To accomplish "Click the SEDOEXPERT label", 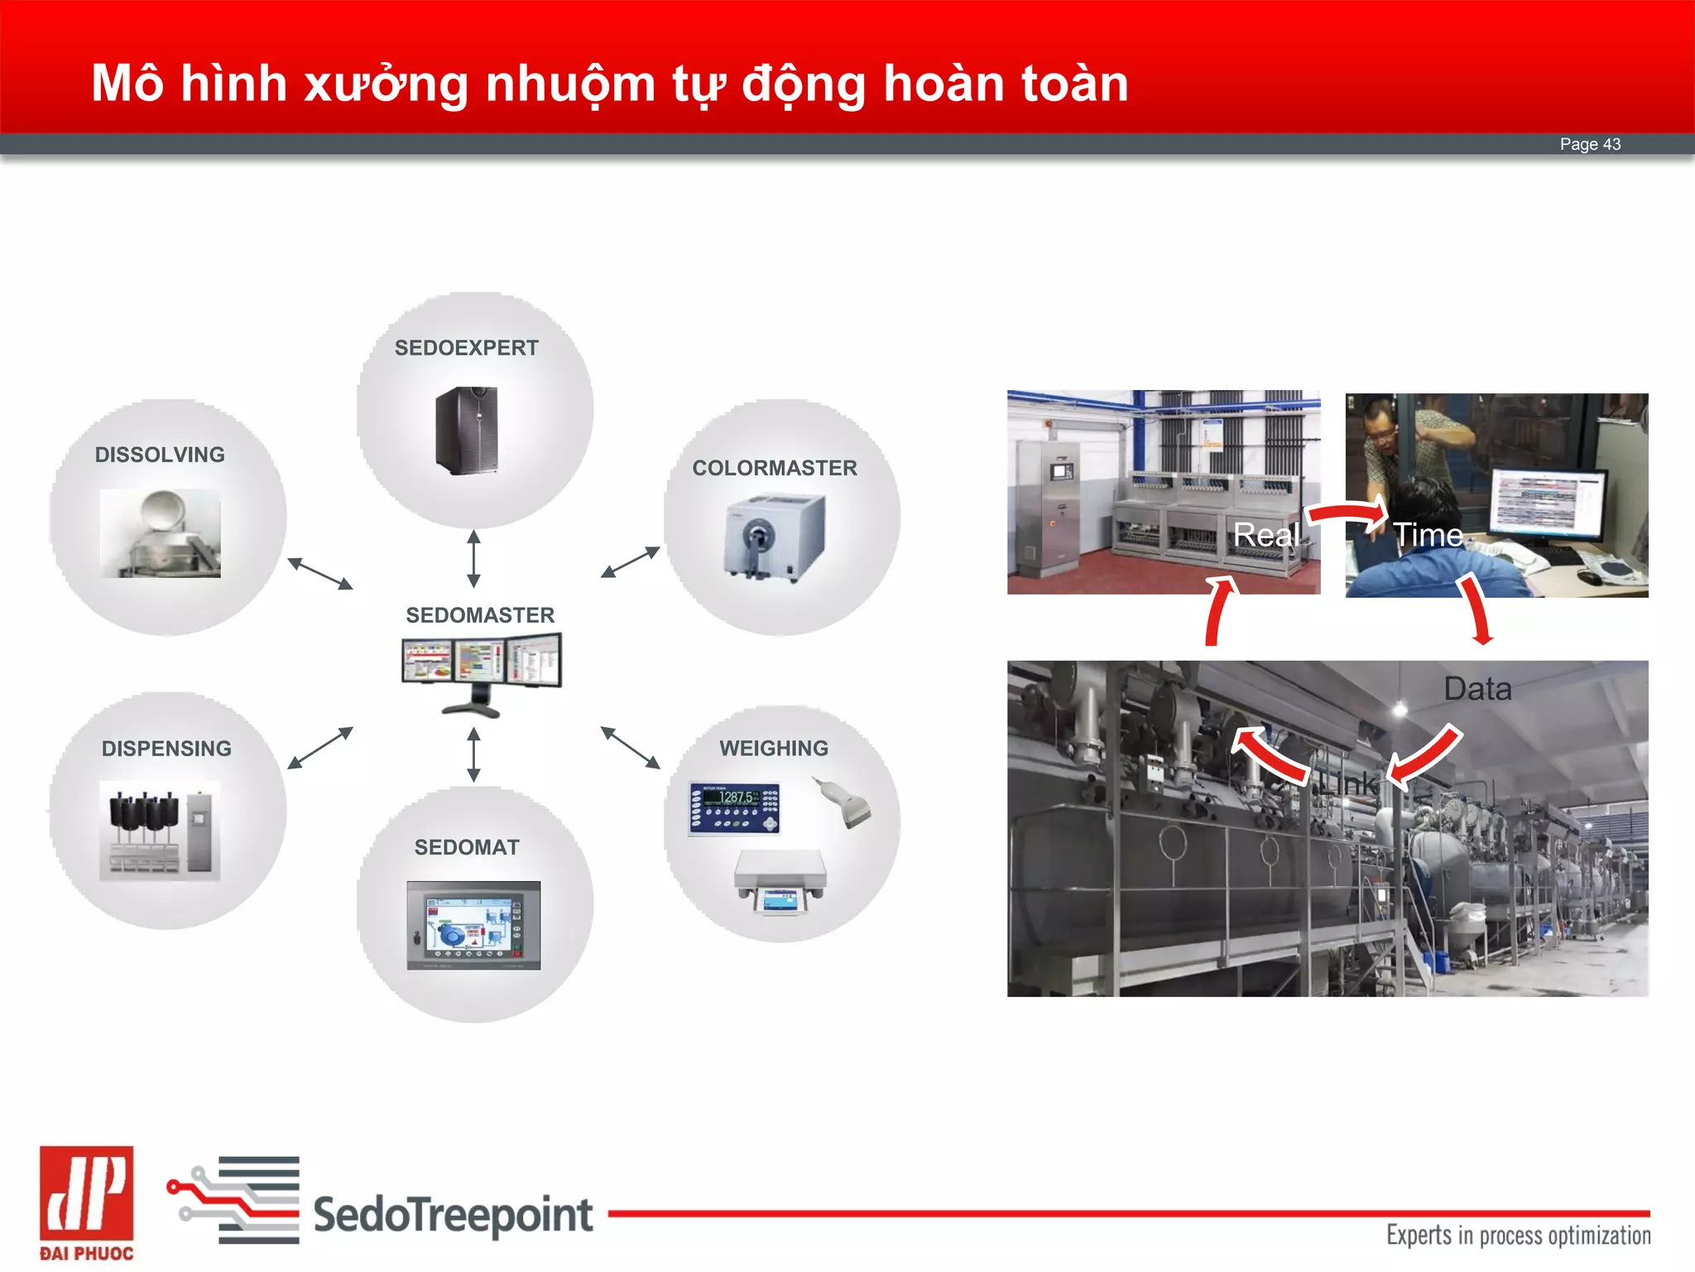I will pos(466,348).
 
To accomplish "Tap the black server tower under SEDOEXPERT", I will pos(467,430).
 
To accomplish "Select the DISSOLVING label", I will pos(160,455).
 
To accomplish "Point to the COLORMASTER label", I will pos(775,468).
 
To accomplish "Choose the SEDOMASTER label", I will pos(480,615).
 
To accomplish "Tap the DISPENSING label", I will pos(166,749).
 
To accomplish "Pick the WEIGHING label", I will pos(774,749).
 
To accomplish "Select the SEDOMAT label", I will pos(467,847).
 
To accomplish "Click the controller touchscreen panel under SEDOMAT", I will pos(473,925).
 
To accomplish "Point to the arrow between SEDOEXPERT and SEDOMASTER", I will pos(473,559).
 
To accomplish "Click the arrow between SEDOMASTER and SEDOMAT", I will pos(473,754).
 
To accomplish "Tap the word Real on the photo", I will pos(1266,535).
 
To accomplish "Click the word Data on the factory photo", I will pos(1477,689).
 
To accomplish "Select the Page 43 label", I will pos(1590,144).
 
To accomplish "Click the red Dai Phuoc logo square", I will pos(86,1193).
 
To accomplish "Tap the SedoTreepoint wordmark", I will pos(453,1215).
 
